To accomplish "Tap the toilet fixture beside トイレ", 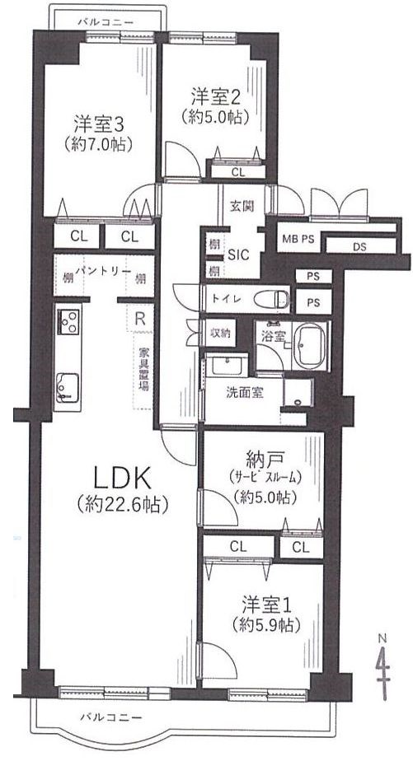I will coord(270,298).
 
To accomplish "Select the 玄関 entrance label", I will coord(241,205).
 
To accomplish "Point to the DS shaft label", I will coord(361,245).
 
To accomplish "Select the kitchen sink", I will coord(68,385).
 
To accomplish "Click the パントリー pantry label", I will coord(103,268).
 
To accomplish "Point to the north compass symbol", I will coord(382,659).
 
